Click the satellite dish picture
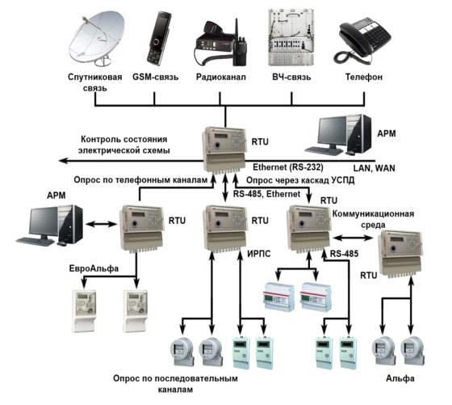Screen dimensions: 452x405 click(x=97, y=38)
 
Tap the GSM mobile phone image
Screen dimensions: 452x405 click(x=159, y=38)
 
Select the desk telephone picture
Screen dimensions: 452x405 click(x=362, y=40)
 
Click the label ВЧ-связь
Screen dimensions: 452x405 click(x=291, y=77)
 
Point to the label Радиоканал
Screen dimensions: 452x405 click(x=221, y=77)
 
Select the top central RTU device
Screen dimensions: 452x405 click(x=225, y=150)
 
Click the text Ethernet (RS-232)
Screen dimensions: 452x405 click(x=288, y=167)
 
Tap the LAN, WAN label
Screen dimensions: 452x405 click(x=375, y=168)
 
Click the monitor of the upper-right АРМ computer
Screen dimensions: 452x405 click(x=332, y=132)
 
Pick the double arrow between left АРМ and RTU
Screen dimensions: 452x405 click(x=101, y=224)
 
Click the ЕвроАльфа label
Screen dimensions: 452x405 click(x=94, y=268)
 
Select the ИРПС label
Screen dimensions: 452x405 click(x=259, y=254)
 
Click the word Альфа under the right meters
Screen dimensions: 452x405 click(x=400, y=378)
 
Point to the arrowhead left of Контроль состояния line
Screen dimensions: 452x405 click(x=63, y=161)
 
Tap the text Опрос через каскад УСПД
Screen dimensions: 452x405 click(x=300, y=180)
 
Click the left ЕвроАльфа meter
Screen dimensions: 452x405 click(x=84, y=311)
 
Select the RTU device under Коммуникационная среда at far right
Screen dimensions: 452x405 click(x=400, y=254)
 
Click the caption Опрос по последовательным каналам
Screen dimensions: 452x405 click(x=175, y=384)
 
